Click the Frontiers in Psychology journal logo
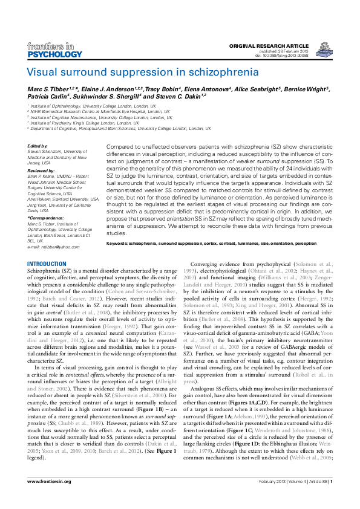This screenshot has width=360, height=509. point(54,50)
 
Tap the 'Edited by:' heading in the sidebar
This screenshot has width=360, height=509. point(38,146)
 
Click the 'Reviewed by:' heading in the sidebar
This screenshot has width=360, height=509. point(42,171)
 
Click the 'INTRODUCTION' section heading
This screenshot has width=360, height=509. point(47,265)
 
